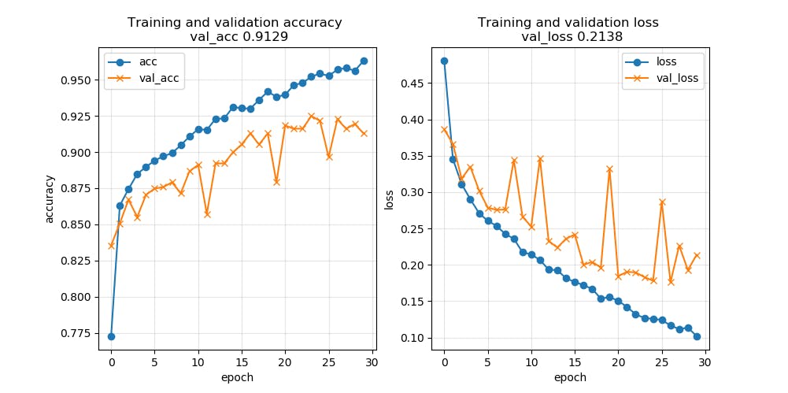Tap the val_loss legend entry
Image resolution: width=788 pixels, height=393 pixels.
pyautogui.click(x=677, y=78)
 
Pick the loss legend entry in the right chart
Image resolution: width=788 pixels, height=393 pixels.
pyautogui.click(x=666, y=61)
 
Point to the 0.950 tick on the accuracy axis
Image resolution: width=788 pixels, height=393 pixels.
pyautogui.click(x=83, y=80)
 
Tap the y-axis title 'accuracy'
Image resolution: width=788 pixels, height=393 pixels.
pyautogui.click(x=50, y=198)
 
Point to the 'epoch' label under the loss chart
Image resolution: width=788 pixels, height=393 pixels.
pyautogui.click(x=570, y=377)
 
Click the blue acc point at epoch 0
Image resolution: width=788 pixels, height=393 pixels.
pyautogui.click(x=111, y=336)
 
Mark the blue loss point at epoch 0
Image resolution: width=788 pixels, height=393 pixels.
pyautogui.click(x=444, y=61)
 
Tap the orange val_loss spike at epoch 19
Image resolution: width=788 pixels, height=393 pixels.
pyautogui.click(x=609, y=169)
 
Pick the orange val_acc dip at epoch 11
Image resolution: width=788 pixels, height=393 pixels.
pyautogui.click(x=207, y=213)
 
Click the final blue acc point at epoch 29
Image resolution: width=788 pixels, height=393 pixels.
pyautogui.click(x=364, y=61)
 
